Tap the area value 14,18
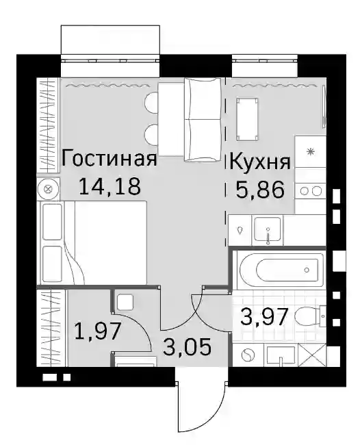[110, 186]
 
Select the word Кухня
[259, 162]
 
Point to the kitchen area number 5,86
[259, 190]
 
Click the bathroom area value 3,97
[264, 317]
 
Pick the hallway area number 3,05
[188, 347]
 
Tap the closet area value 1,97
[98, 331]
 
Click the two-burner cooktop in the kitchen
[310, 191]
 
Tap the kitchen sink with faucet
[268, 230]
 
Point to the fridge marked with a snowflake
[310, 151]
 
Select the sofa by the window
[203, 120]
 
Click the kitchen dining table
[247, 119]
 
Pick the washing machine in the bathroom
[248, 355]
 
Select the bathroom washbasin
[281, 355]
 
